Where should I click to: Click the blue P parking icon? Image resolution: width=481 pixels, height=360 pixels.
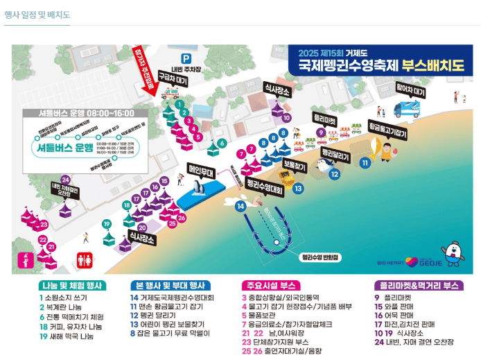point(184,58)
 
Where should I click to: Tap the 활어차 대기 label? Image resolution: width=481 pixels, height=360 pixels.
point(410,89)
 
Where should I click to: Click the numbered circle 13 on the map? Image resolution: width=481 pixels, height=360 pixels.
point(298,188)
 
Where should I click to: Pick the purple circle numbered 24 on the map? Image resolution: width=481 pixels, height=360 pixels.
point(66,179)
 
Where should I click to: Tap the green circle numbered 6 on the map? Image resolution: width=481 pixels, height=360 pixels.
point(221,143)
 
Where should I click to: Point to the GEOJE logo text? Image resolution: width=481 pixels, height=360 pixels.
point(426,262)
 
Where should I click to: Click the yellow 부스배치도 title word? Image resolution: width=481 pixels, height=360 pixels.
point(435,69)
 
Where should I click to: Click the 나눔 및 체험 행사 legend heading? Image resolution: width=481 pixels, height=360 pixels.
point(71,285)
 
